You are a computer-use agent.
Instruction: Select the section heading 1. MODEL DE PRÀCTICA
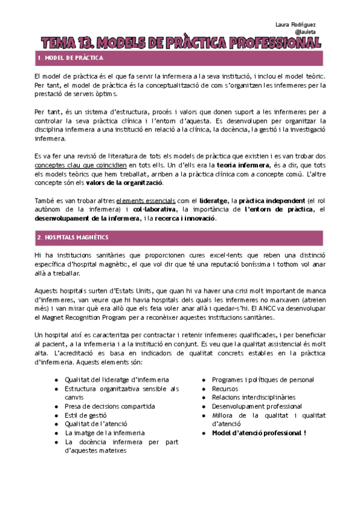pyautogui.click(x=70, y=58)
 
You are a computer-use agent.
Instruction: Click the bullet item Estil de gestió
pyautogui.click(x=86, y=415)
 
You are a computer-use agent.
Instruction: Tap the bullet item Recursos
pyautogui.click(x=225, y=389)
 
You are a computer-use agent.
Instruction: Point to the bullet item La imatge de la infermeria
pyautogui.click(x=105, y=432)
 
